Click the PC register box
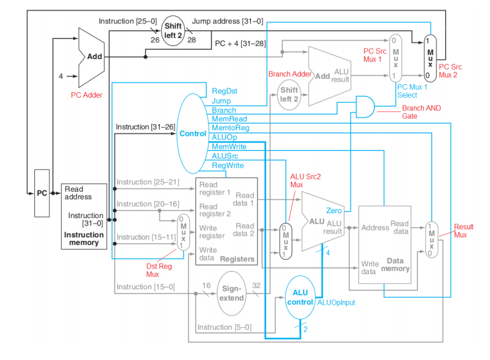point(42,193)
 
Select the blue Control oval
point(192,133)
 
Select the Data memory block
point(384,245)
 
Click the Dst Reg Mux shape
point(183,232)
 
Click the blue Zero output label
point(334,210)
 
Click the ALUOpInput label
point(336,303)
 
